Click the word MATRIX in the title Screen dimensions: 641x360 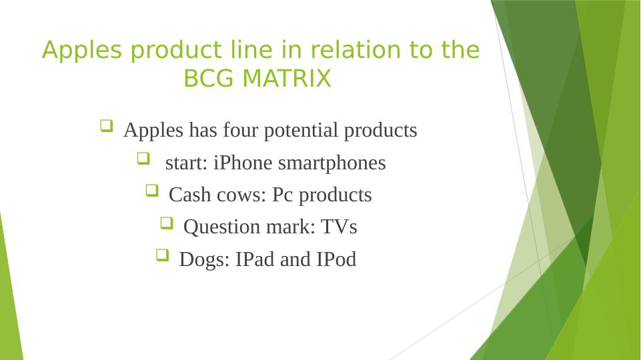(x=287, y=78)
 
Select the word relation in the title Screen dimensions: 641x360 (x=356, y=50)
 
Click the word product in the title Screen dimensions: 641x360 (x=176, y=51)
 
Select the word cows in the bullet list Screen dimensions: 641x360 (x=241, y=195)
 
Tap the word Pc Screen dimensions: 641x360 (x=283, y=195)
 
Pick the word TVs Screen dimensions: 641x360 (x=339, y=227)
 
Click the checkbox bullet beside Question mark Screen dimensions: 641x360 (x=167, y=223)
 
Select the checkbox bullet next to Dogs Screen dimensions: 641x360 (x=162, y=255)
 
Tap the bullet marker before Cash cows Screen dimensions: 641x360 (x=152, y=191)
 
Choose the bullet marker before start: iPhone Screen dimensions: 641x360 (x=143, y=158)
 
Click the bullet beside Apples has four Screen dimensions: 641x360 (x=107, y=125)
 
